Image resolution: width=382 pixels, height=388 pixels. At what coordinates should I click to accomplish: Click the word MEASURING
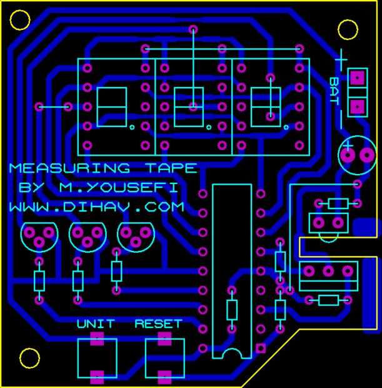click(69, 168)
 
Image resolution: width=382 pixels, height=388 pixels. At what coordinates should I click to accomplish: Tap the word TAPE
click(172, 168)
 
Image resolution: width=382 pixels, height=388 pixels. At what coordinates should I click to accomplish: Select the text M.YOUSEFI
click(119, 187)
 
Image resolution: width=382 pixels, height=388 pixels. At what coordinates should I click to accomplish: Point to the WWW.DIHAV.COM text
click(97, 207)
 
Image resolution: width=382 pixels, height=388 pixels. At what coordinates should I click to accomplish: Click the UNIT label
click(96, 324)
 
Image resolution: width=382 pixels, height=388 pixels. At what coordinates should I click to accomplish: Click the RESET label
click(158, 324)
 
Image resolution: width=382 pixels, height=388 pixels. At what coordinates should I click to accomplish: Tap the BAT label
click(334, 90)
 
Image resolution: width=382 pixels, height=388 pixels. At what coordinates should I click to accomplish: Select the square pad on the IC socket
click(261, 348)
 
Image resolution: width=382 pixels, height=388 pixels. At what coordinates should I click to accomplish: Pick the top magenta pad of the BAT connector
click(357, 78)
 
